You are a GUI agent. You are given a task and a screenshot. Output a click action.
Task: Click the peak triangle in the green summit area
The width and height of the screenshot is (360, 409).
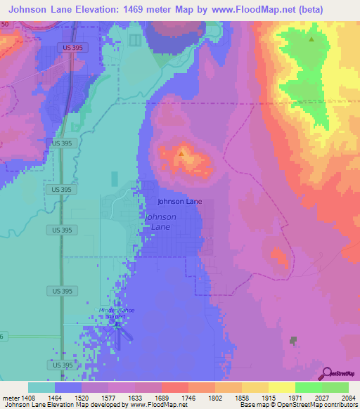point(311,39)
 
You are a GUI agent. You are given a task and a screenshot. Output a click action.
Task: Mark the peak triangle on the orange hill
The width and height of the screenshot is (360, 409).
point(181,152)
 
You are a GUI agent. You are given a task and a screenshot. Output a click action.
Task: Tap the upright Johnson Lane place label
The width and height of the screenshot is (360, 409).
point(180,202)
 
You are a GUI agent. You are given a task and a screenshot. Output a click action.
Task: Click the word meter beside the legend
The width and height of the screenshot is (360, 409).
point(11,396)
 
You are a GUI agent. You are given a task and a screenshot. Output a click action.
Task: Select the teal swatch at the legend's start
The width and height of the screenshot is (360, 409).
point(41,387)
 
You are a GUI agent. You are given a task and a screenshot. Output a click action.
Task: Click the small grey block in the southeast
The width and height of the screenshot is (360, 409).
point(292,341)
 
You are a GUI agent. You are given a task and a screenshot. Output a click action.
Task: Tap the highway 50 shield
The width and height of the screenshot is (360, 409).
point(5,24)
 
